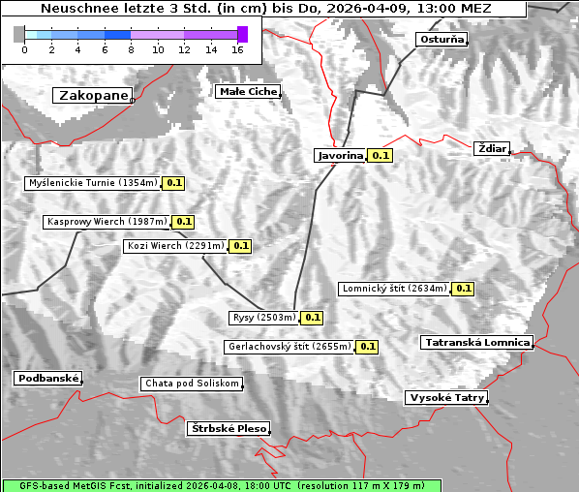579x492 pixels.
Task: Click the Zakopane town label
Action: tap(93, 95)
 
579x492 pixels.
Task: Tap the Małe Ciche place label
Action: tap(248, 91)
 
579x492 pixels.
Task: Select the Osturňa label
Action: tap(442, 40)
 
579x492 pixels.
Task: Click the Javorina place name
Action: tap(340, 155)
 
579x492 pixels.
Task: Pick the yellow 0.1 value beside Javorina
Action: tap(381, 155)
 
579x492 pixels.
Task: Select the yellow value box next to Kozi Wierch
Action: tap(240, 246)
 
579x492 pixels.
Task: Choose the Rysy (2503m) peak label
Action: tap(263, 318)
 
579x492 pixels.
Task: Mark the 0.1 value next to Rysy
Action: tap(312, 318)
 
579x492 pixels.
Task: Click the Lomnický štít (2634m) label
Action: tap(394, 288)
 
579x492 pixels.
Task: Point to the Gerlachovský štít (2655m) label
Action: tap(289, 346)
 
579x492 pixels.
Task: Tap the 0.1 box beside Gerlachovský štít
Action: tap(367, 346)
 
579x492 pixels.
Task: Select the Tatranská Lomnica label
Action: tap(476, 342)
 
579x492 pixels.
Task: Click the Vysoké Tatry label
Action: tap(445, 397)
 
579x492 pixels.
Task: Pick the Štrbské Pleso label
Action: tap(228, 428)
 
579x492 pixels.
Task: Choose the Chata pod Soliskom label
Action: tap(190, 384)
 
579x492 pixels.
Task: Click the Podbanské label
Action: tap(47, 378)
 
